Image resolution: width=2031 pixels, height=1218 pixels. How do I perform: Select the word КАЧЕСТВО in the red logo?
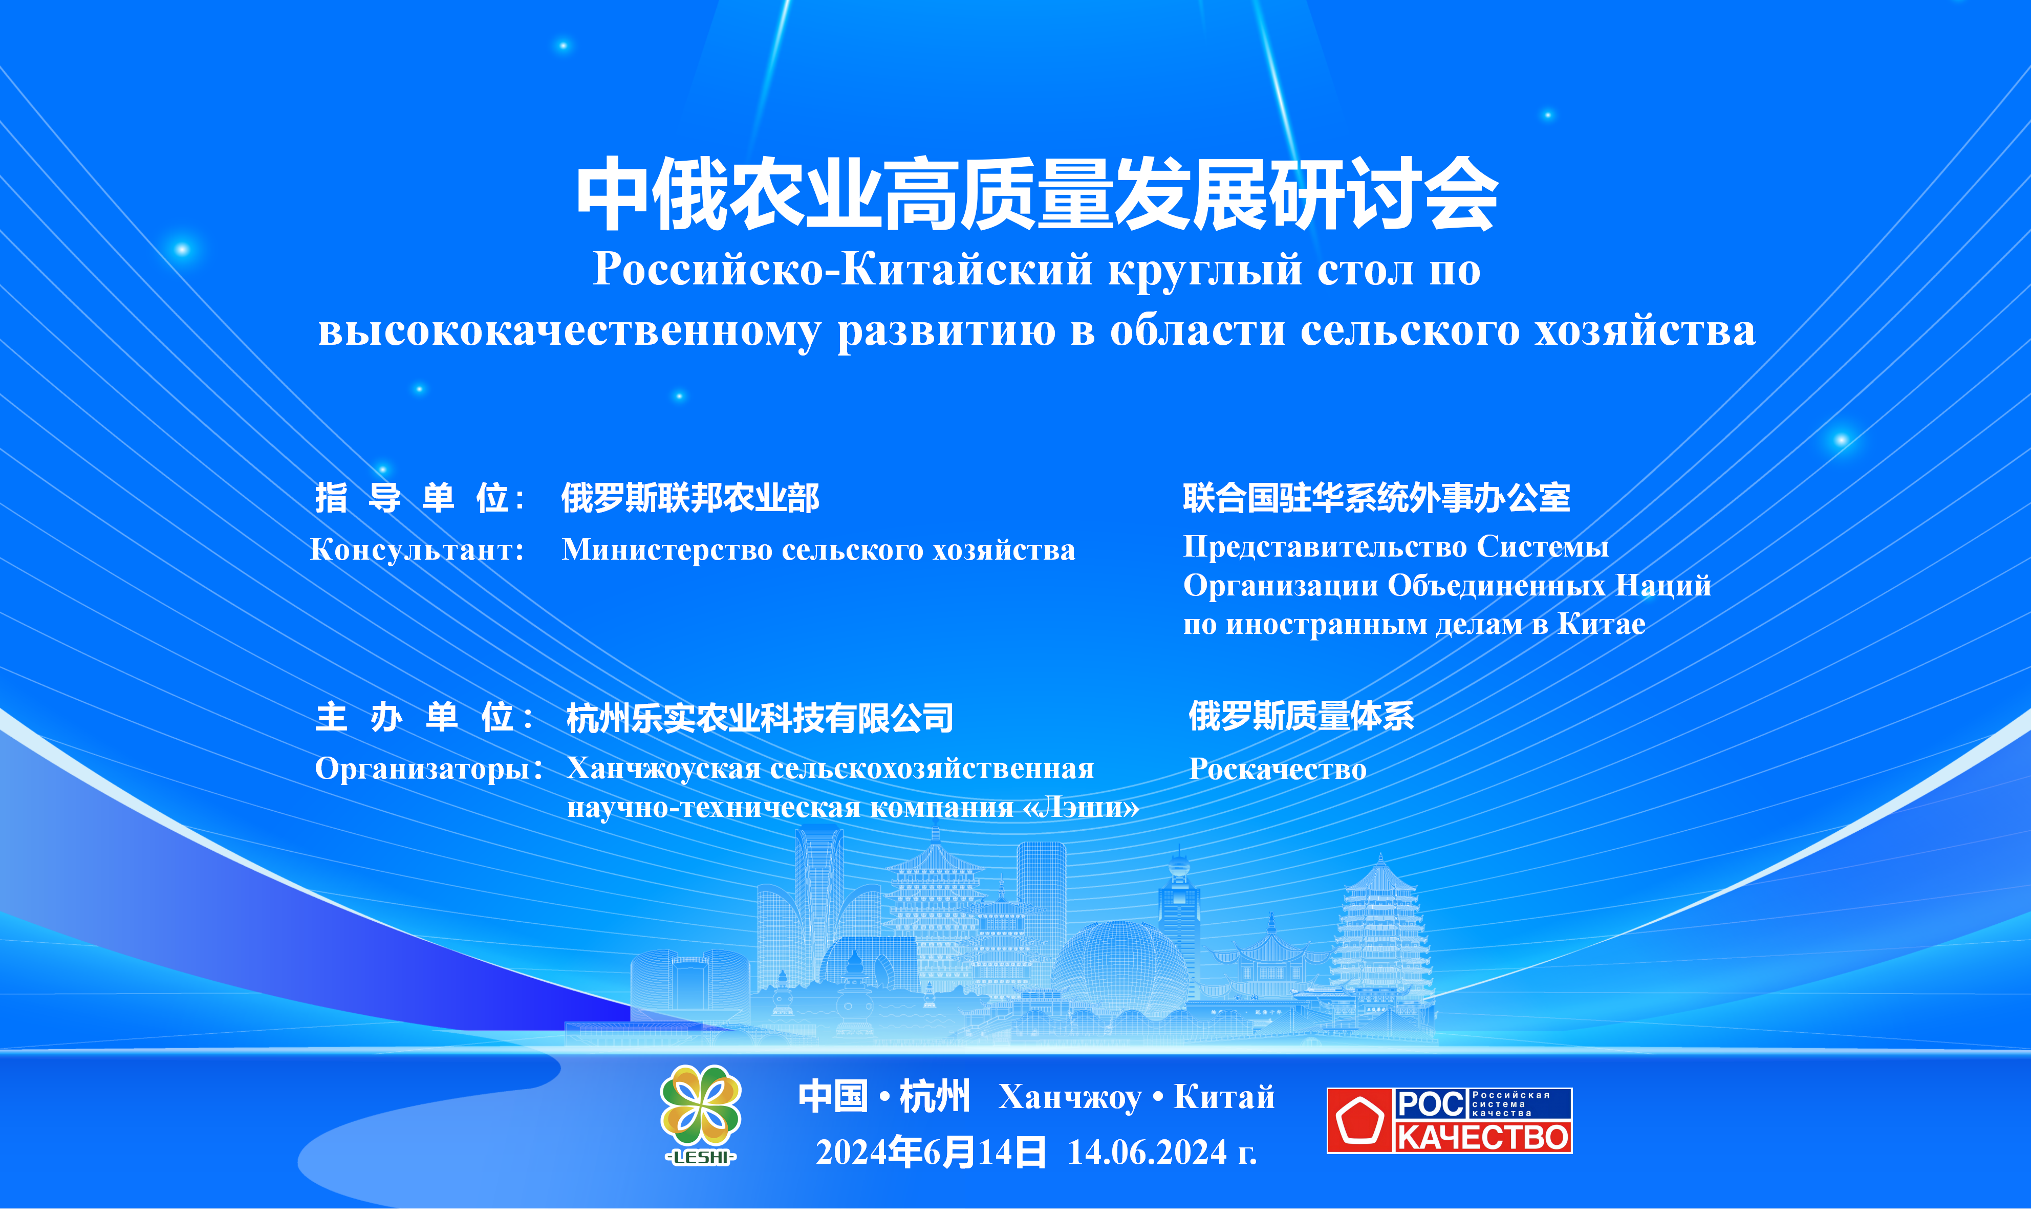(1482, 1137)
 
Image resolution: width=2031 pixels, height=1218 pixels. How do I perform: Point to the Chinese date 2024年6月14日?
(931, 1153)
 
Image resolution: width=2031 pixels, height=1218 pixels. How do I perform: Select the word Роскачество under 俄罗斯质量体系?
(1278, 769)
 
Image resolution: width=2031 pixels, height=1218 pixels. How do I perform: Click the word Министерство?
(667, 550)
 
